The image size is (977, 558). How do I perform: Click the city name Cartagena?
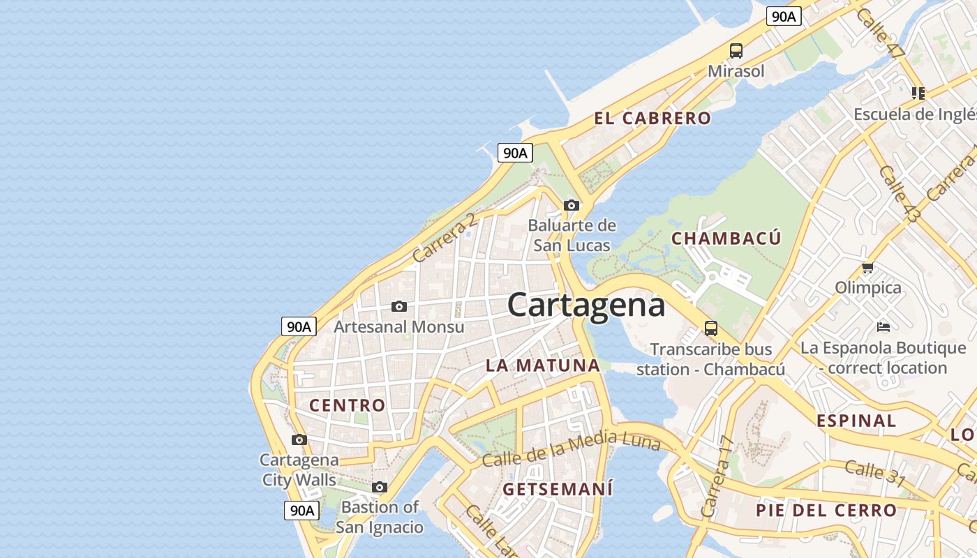coord(586,305)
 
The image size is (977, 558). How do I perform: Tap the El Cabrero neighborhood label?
coord(652,118)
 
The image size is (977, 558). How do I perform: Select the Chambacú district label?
coord(726,239)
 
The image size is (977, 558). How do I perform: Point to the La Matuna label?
coord(542,365)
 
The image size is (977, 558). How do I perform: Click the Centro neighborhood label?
coord(347,405)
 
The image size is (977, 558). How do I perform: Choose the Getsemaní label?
coord(558,489)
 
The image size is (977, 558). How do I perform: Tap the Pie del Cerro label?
coord(826,511)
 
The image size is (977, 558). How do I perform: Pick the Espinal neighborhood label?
coord(856,421)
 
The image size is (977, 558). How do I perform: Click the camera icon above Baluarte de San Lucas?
coord(572,205)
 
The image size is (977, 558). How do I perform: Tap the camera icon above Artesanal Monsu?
coord(399,306)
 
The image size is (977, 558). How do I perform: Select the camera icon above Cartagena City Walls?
coord(299,439)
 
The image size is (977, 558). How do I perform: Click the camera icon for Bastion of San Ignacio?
coord(380,487)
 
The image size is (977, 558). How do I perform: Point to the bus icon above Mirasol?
coord(736,50)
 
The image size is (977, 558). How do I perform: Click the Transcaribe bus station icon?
coord(711,328)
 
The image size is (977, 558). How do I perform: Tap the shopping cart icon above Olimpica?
coord(868,267)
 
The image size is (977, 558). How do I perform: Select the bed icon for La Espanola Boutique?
coord(883,326)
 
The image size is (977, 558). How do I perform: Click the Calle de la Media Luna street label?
coord(571,449)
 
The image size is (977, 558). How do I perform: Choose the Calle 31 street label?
coord(874,474)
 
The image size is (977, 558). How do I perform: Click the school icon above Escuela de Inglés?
coord(918,93)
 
